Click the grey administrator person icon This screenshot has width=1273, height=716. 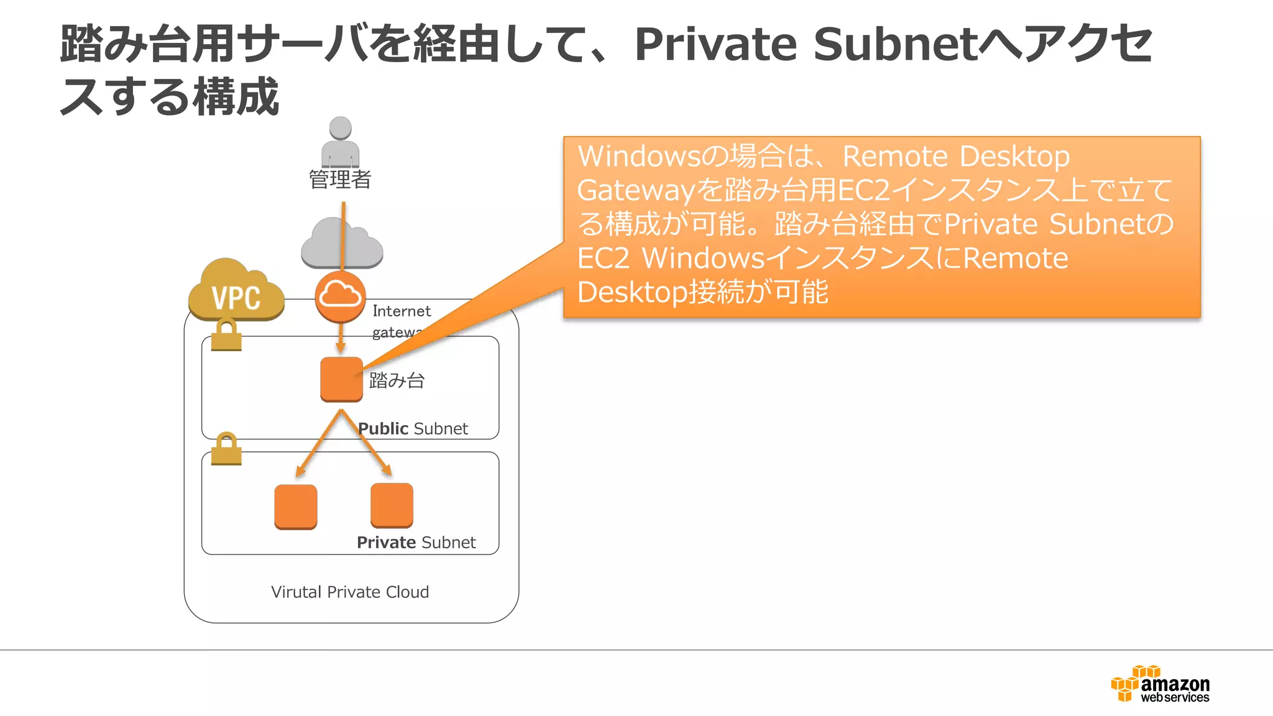tap(340, 142)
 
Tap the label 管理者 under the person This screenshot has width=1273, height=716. tap(340, 180)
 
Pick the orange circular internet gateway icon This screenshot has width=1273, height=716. tap(340, 296)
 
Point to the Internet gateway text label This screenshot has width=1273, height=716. tap(401, 320)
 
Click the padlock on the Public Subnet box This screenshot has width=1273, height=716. tap(226, 335)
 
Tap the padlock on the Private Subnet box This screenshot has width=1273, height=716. tap(226, 449)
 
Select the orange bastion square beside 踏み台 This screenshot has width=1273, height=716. tap(341, 379)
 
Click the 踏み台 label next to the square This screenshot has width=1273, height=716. tap(397, 380)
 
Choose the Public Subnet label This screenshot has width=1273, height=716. tap(413, 429)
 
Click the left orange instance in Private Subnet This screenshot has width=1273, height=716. tap(296, 507)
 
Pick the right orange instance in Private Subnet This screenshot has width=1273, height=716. tap(392, 505)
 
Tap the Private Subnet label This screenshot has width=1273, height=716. tap(416, 543)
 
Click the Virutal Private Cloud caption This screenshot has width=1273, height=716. tap(350, 592)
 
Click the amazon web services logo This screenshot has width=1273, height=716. tap(1160, 684)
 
